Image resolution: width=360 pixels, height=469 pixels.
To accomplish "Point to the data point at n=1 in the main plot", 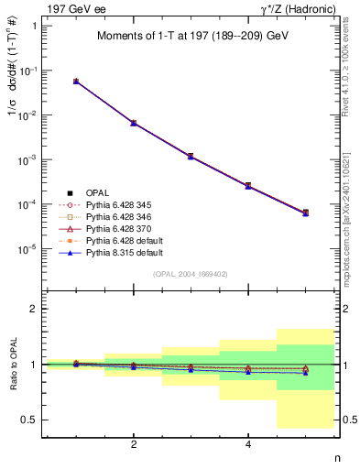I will tap(76, 82).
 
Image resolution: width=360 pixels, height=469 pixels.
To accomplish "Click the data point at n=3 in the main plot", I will tap(191, 157).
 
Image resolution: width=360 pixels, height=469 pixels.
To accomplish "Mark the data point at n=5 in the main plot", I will tap(305, 213).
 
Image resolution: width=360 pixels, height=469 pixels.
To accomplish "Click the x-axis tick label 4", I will tap(248, 444).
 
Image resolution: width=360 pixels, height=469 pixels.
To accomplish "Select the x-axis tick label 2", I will tap(134, 444).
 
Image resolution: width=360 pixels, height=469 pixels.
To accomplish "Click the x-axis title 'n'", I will tap(336, 455).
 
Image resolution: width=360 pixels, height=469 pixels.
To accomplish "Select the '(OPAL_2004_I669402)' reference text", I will tap(191, 274).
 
